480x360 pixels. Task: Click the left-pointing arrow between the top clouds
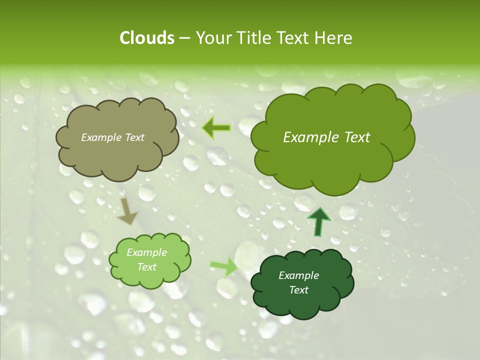[x=216, y=128]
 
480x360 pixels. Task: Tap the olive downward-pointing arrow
[x=128, y=210]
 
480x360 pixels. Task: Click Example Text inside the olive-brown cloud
[x=112, y=137]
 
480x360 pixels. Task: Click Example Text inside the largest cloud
[x=326, y=137]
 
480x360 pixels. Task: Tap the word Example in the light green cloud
[x=146, y=252]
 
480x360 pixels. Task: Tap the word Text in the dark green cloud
[x=298, y=290]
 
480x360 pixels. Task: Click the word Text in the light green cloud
[x=146, y=267]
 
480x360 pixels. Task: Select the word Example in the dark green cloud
[x=298, y=275]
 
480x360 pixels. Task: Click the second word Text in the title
[x=294, y=38]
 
